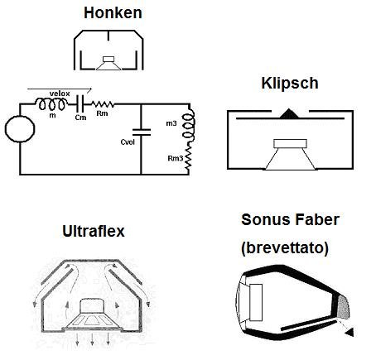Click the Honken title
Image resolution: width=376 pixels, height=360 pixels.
[113, 12]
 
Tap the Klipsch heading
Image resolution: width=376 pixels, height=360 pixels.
[290, 83]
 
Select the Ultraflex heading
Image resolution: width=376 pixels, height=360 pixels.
[94, 231]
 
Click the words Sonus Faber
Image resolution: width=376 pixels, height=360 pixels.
[290, 219]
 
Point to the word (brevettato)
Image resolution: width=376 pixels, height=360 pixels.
[285, 247]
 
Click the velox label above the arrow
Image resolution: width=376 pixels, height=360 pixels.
[60, 94]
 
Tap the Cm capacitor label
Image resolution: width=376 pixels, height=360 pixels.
[80, 118]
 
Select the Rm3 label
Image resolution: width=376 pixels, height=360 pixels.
[176, 158]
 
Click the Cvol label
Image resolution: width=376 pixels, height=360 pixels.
[128, 142]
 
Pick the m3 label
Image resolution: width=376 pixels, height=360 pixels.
[171, 123]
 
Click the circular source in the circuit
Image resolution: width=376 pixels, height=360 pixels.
[20, 129]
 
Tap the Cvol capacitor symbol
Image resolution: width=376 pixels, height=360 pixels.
[142, 132]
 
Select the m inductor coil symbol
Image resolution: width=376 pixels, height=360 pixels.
[51, 104]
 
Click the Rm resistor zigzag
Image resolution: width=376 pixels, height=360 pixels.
[102, 104]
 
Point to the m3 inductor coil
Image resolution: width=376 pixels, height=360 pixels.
[188, 124]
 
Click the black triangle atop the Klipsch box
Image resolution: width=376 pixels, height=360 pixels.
[288, 113]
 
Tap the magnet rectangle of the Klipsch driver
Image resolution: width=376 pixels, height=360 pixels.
[290, 144]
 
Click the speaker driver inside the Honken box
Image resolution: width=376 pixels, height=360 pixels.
[108, 63]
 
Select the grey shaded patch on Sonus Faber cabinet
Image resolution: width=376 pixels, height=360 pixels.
[343, 307]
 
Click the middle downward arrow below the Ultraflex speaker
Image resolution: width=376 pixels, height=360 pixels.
[92, 338]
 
